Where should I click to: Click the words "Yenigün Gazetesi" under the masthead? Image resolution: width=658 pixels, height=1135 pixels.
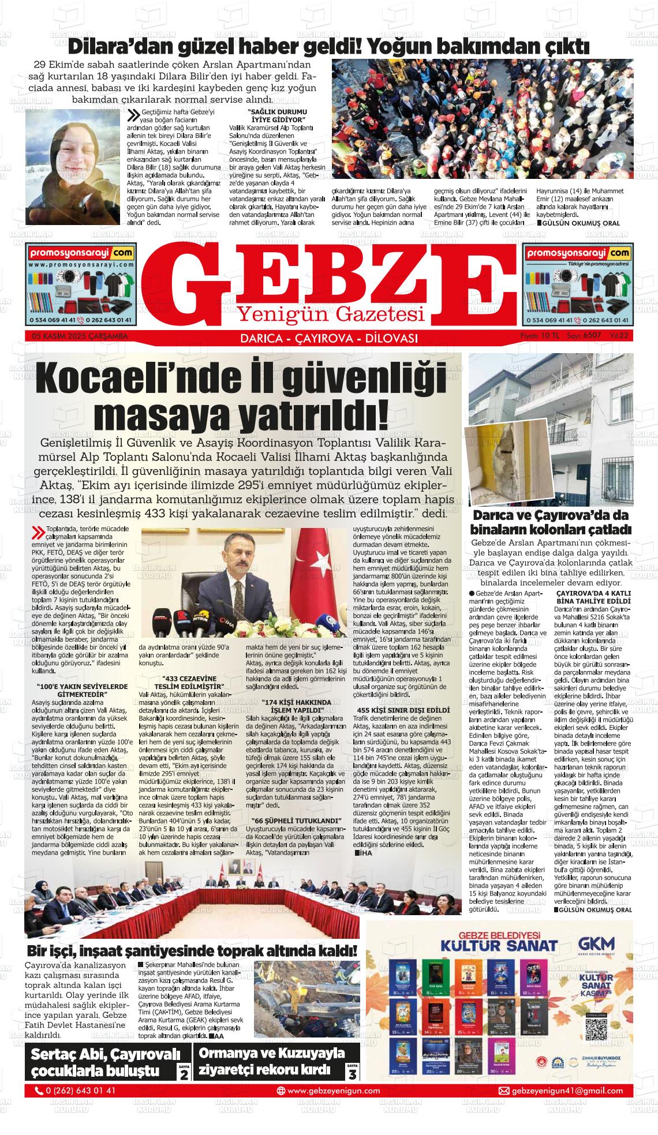[x=331, y=314]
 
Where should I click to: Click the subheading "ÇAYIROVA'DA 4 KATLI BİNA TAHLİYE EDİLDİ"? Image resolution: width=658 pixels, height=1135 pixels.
[x=593, y=597]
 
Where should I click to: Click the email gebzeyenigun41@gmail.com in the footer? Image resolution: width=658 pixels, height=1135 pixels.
[x=560, y=1091]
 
